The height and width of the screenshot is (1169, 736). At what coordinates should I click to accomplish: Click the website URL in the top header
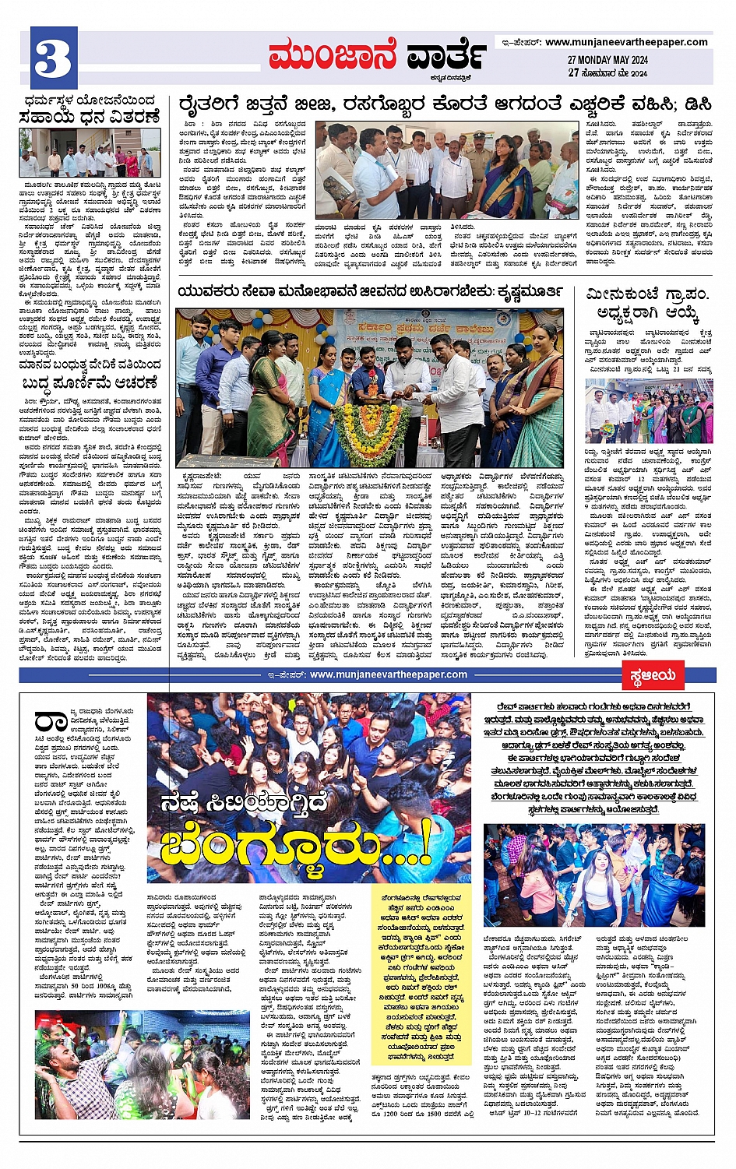pos(626,42)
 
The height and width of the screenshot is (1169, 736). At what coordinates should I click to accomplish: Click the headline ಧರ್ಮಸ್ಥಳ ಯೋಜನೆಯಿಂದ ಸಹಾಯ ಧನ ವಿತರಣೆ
pos(90,109)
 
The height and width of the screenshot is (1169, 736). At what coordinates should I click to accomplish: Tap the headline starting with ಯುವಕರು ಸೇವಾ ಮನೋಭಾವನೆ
pos(371,291)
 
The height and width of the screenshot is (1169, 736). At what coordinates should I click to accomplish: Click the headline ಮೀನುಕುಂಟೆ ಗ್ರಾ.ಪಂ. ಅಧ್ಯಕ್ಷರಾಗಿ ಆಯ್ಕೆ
pos(648,305)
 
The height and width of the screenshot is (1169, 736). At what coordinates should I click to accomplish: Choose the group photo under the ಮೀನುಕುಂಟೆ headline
pos(648,411)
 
